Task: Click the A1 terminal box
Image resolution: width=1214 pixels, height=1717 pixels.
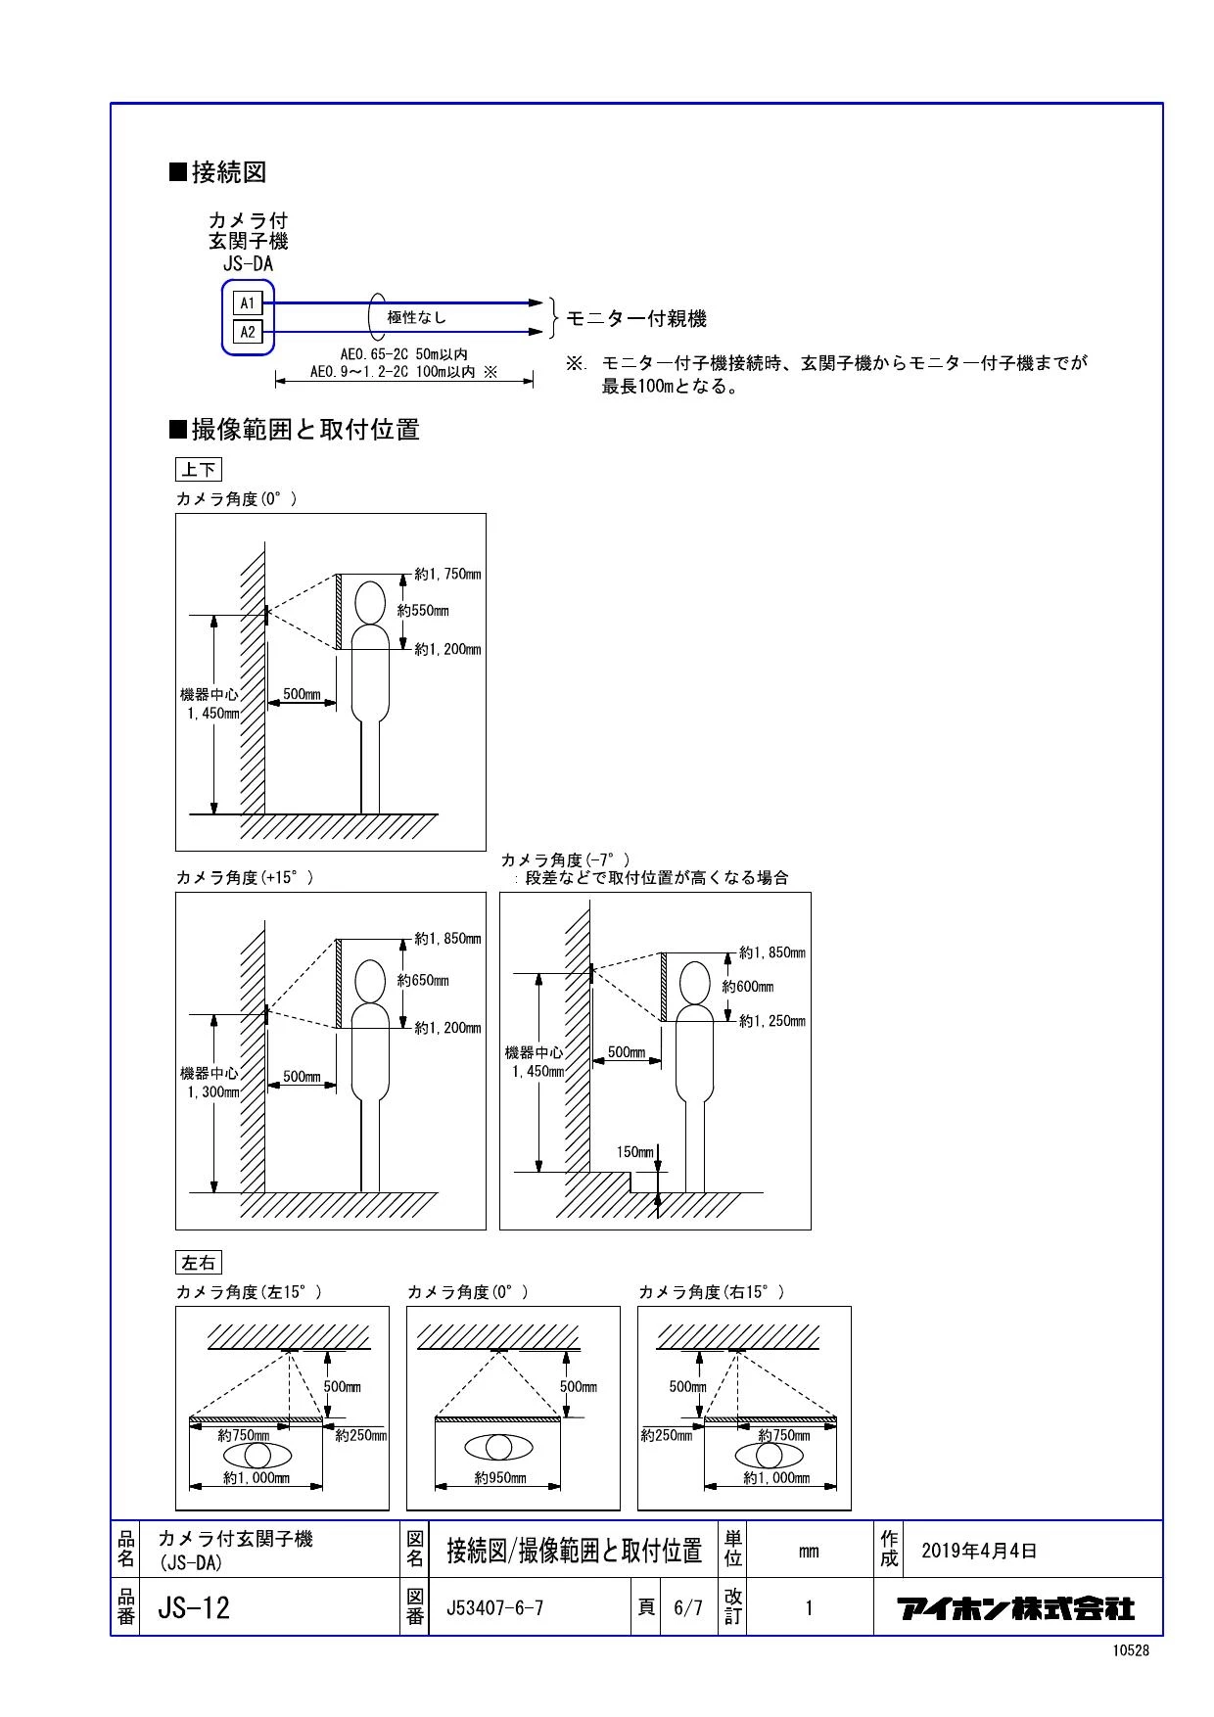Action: click(248, 302)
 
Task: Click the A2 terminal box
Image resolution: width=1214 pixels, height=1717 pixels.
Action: click(248, 332)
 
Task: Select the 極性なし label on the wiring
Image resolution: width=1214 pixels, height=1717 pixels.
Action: click(416, 317)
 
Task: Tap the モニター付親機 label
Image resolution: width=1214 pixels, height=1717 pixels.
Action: click(636, 318)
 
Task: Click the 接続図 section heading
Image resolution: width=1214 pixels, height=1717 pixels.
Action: click(218, 173)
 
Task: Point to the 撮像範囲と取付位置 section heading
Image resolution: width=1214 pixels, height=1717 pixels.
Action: click(295, 429)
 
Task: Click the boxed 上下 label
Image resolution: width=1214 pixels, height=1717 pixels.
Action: click(198, 470)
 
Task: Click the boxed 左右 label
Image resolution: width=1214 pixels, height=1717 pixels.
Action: click(198, 1263)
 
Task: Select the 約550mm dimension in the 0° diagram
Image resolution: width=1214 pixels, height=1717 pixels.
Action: click(424, 611)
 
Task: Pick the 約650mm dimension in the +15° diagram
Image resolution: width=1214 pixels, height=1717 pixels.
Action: click(424, 980)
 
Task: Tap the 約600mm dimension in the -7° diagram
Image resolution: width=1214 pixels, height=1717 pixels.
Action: click(749, 987)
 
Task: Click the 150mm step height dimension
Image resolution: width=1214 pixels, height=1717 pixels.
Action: click(634, 1152)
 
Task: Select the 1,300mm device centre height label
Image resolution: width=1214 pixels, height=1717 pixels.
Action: click(213, 1091)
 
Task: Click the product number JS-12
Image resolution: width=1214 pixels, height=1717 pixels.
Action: click(194, 1607)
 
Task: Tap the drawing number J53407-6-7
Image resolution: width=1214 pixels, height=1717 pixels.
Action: click(494, 1607)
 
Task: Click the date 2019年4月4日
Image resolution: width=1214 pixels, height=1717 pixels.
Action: click(979, 1552)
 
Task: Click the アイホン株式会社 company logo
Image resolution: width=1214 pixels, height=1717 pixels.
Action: click(1017, 1607)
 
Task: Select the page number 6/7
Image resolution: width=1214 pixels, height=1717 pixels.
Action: click(688, 1607)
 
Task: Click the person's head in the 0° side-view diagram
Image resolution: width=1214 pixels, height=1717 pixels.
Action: click(369, 603)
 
